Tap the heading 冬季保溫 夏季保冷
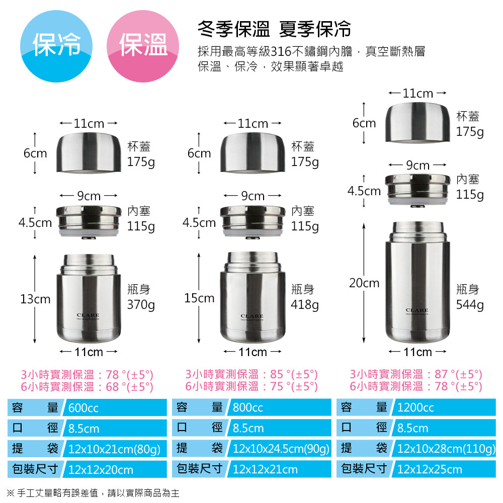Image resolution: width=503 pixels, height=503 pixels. (274, 29)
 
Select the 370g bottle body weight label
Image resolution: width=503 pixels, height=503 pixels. (141, 305)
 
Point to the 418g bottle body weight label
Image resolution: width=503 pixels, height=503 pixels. (305, 305)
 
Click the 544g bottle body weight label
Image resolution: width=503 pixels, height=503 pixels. (470, 305)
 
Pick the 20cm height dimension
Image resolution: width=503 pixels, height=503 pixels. (364, 283)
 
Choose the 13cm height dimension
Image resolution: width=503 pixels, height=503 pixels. (35, 299)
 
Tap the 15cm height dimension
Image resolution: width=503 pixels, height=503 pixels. (199, 298)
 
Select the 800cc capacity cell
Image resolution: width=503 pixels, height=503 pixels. (280, 408)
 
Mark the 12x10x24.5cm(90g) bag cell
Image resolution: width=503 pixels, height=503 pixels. (281, 449)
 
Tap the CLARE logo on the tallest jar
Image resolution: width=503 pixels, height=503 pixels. (416, 310)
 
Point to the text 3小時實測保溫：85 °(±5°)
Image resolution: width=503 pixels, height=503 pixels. (251, 374)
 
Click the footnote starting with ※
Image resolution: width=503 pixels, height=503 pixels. (93, 493)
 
